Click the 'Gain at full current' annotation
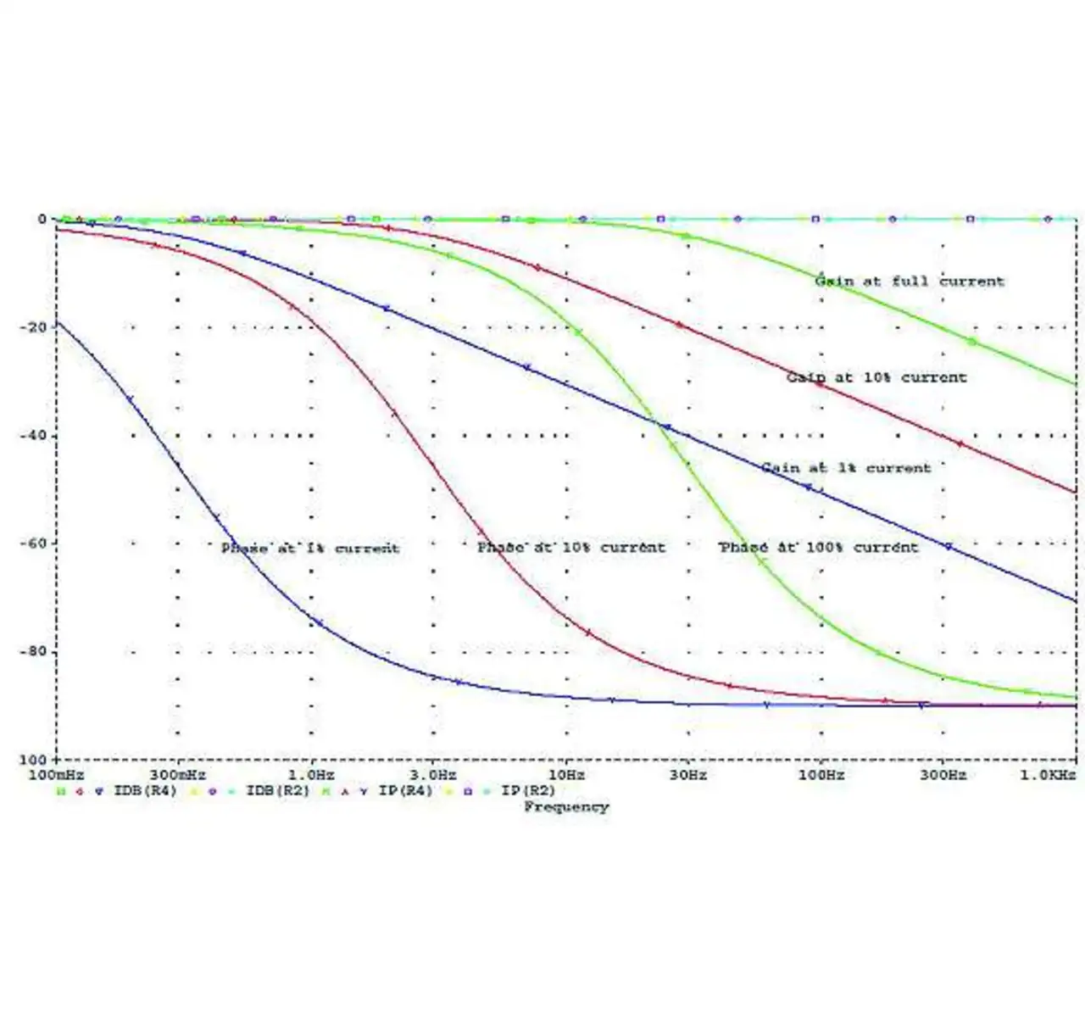pyautogui.click(x=909, y=281)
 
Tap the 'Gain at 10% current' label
pyautogui.click(x=876, y=377)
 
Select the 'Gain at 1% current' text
pyautogui.click(x=845, y=467)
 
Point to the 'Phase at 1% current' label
pyautogui.click(x=309, y=548)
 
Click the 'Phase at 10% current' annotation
pyautogui.click(x=570, y=547)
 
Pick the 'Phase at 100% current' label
pyautogui.click(x=818, y=547)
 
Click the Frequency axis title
pyautogui.click(x=565, y=806)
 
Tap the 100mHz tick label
pyautogui.click(x=57, y=775)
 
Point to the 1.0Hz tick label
pyautogui.click(x=311, y=775)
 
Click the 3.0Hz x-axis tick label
pyautogui.click(x=434, y=775)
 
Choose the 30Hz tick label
pyautogui.click(x=687, y=775)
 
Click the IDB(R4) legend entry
pyautogui.click(x=144, y=791)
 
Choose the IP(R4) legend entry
pyautogui.click(x=405, y=791)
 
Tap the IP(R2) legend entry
pyautogui.click(x=528, y=791)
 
